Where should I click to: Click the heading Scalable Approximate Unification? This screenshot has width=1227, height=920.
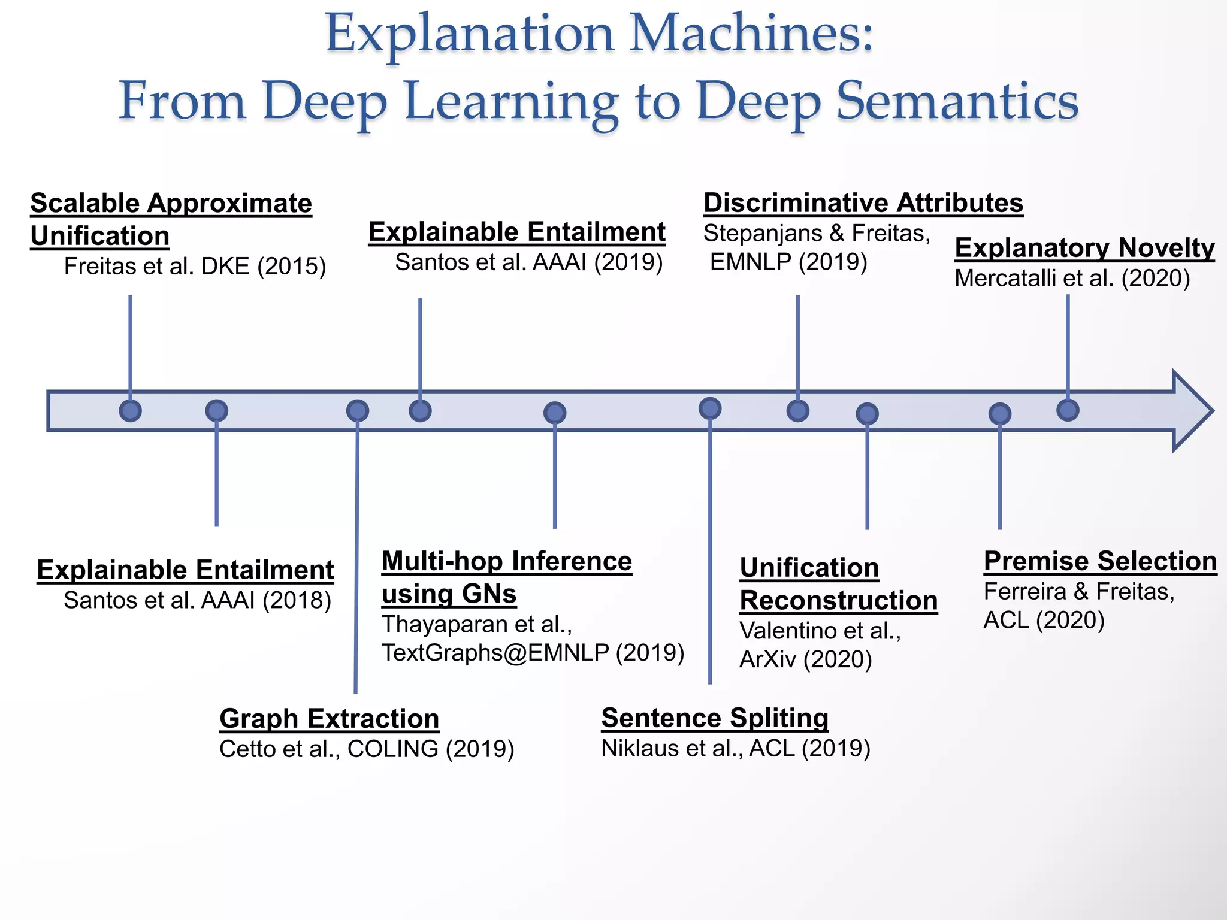pyautogui.click(x=171, y=219)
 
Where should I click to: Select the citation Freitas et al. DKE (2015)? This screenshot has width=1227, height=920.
pyautogui.click(x=195, y=267)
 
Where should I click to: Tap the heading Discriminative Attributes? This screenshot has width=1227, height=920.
pyautogui.click(x=863, y=203)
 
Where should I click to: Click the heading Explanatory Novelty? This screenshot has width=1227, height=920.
pyautogui.click(x=1084, y=247)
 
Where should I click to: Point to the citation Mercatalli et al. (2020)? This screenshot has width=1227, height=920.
pyautogui.click(x=1072, y=279)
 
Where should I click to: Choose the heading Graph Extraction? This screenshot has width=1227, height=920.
pyautogui.click(x=329, y=718)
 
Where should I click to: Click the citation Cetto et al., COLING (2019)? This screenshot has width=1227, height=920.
pyautogui.click(x=367, y=749)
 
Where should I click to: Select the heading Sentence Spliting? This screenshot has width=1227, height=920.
pyautogui.click(x=715, y=718)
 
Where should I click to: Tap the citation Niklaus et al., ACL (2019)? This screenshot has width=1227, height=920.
pyautogui.click(x=735, y=749)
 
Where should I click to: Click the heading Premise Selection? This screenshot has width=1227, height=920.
pyautogui.click(x=1100, y=561)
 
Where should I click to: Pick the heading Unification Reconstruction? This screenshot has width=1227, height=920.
pyautogui.click(x=838, y=584)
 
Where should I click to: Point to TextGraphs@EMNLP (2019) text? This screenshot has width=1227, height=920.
pyautogui.click(x=533, y=653)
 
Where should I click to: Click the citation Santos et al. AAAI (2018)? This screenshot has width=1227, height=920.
pyautogui.click(x=197, y=600)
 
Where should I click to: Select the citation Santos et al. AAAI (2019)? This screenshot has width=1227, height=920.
pyautogui.click(x=528, y=262)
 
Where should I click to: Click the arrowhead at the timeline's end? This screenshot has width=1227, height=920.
pyautogui.click(x=1192, y=411)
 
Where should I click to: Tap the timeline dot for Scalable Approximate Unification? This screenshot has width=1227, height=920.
pyautogui.click(x=130, y=411)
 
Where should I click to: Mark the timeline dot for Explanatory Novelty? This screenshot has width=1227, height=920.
pyautogui.click(x=1068, y=410)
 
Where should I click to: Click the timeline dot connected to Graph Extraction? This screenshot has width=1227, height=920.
pyautogui.click(x=357, y=411)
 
